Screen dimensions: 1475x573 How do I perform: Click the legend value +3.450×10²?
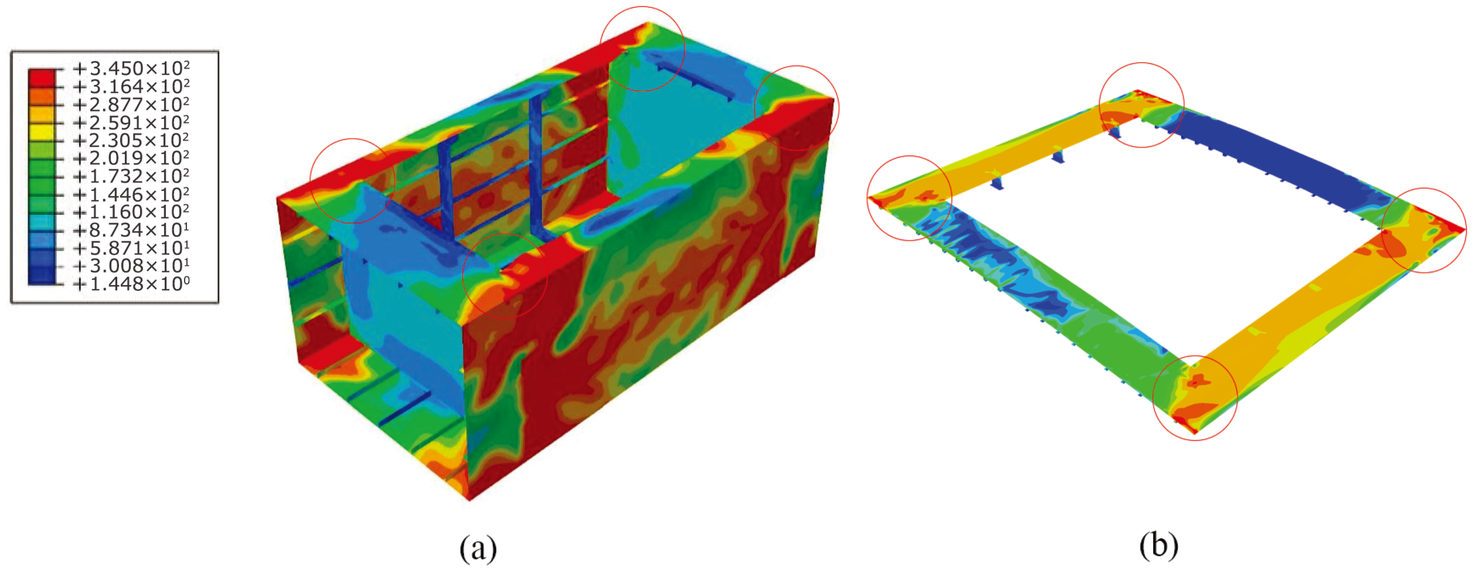131,69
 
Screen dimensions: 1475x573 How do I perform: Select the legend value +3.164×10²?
131,87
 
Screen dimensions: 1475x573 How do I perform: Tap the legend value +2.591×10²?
131,123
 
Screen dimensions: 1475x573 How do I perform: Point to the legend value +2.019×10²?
131,158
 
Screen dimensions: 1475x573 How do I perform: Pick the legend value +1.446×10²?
131,194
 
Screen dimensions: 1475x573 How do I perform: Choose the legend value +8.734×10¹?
131,230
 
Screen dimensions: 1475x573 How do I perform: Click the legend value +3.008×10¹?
131,265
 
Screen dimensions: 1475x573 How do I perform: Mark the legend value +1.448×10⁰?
131,283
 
